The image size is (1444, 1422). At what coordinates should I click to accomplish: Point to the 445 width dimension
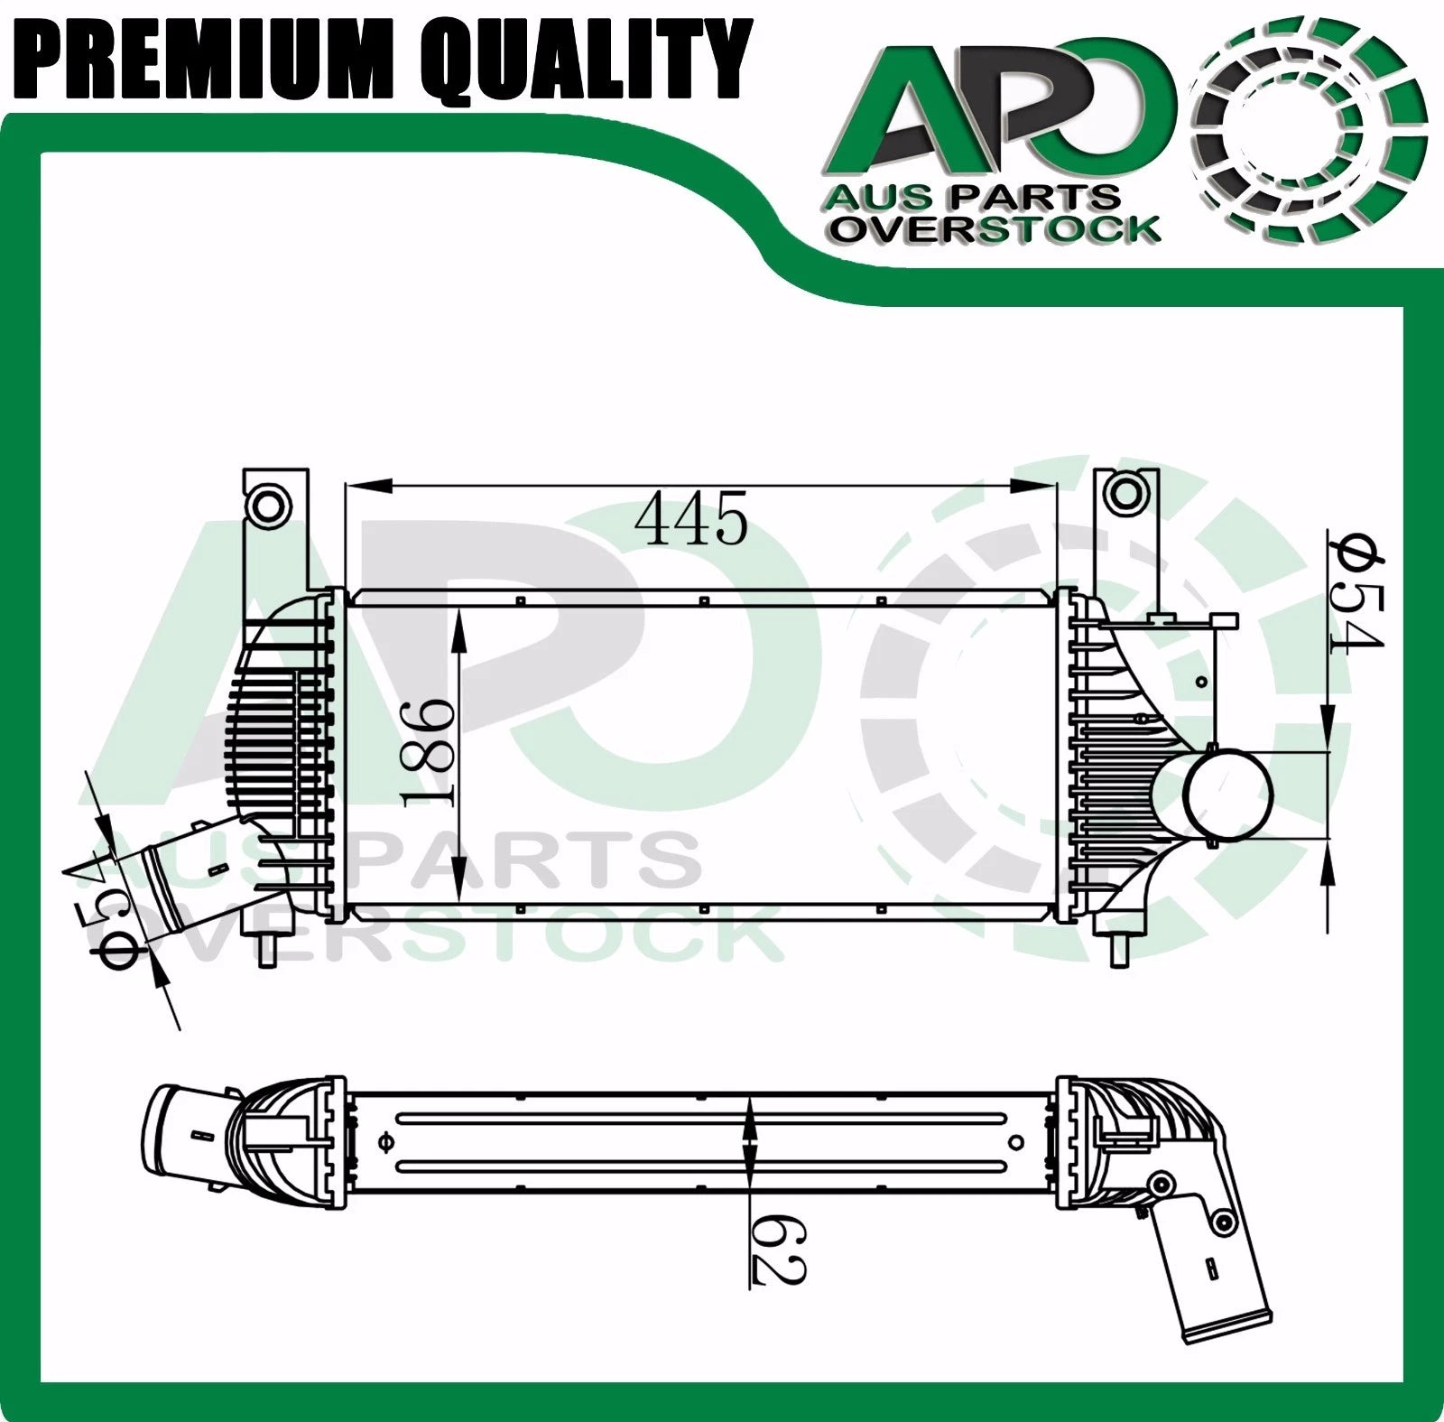pyautogui.click(x=691, y=519)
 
